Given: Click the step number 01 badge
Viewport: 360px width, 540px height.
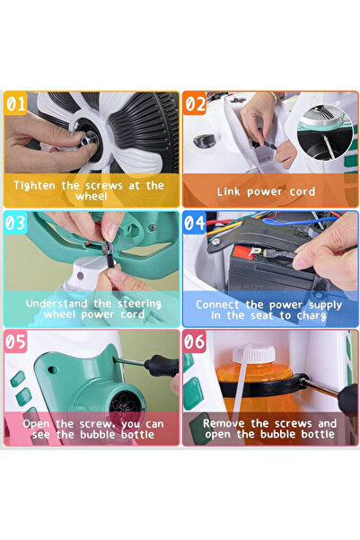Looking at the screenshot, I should point(15,103).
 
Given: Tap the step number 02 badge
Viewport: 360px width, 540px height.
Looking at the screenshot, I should point(196,103).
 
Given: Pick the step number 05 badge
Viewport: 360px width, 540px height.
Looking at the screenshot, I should point(15,342).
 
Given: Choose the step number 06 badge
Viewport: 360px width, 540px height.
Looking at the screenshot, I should point(196,342).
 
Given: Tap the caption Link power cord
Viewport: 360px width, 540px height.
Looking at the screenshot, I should point(267,191).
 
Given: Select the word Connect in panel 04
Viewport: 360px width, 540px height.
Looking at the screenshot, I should point(222,305).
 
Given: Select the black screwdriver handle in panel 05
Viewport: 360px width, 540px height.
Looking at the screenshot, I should point(162,366).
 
